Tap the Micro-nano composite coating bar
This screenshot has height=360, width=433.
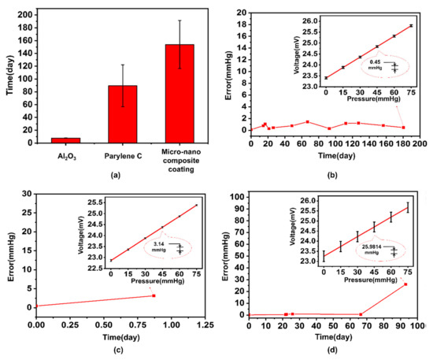179,94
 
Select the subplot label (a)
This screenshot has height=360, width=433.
116,175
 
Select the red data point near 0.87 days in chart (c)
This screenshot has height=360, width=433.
154,295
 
